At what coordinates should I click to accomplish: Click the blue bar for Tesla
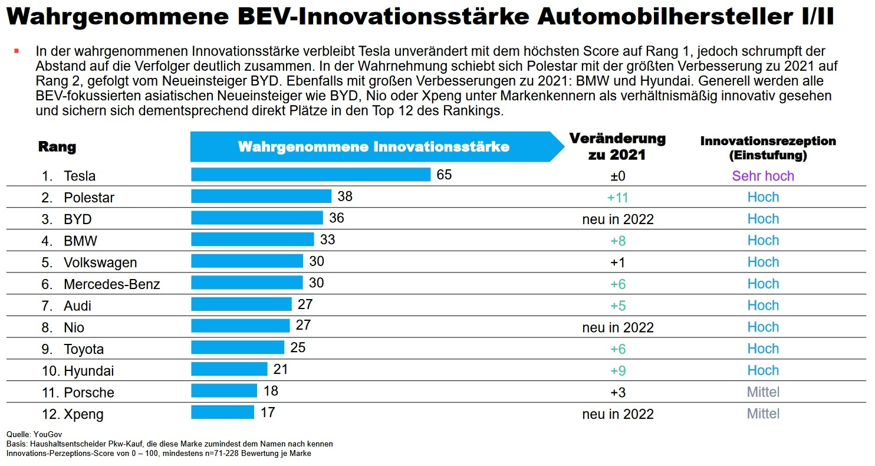[x=311, y=175]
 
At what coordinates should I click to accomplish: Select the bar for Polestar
[x=261, y=196]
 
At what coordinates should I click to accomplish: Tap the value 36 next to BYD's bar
[x=337, y=218]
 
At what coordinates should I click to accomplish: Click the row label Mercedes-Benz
[x=112, y=284]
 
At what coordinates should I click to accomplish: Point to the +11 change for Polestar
[x=617, y=198]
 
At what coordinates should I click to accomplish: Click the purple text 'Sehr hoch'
[x=763, y=176]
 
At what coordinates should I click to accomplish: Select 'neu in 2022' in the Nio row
[x=617, y=327]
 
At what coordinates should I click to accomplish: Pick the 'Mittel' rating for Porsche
[x=763, y=392]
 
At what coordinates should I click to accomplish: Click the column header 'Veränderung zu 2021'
[x=617, y=147]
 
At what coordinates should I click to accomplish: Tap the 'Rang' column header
[x=57, y=147]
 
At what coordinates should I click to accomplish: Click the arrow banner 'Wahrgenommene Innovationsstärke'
[x=373, y=147]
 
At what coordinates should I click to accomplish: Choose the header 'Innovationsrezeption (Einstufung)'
[x=768, y=148]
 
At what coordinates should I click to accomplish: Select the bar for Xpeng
[x=222, y=412]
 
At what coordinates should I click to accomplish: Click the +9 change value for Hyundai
[x=617, y=370]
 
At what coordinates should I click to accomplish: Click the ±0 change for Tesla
[x=617, y=176]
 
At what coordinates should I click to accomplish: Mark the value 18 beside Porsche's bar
[x=271, y=390]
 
